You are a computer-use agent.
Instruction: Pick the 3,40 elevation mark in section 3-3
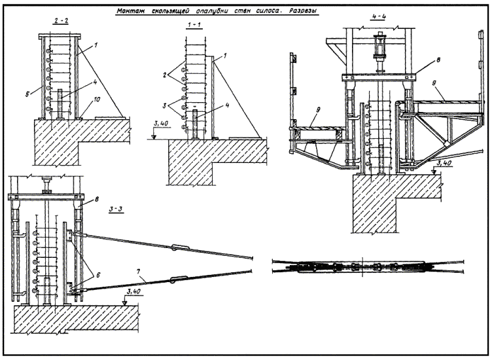136,292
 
